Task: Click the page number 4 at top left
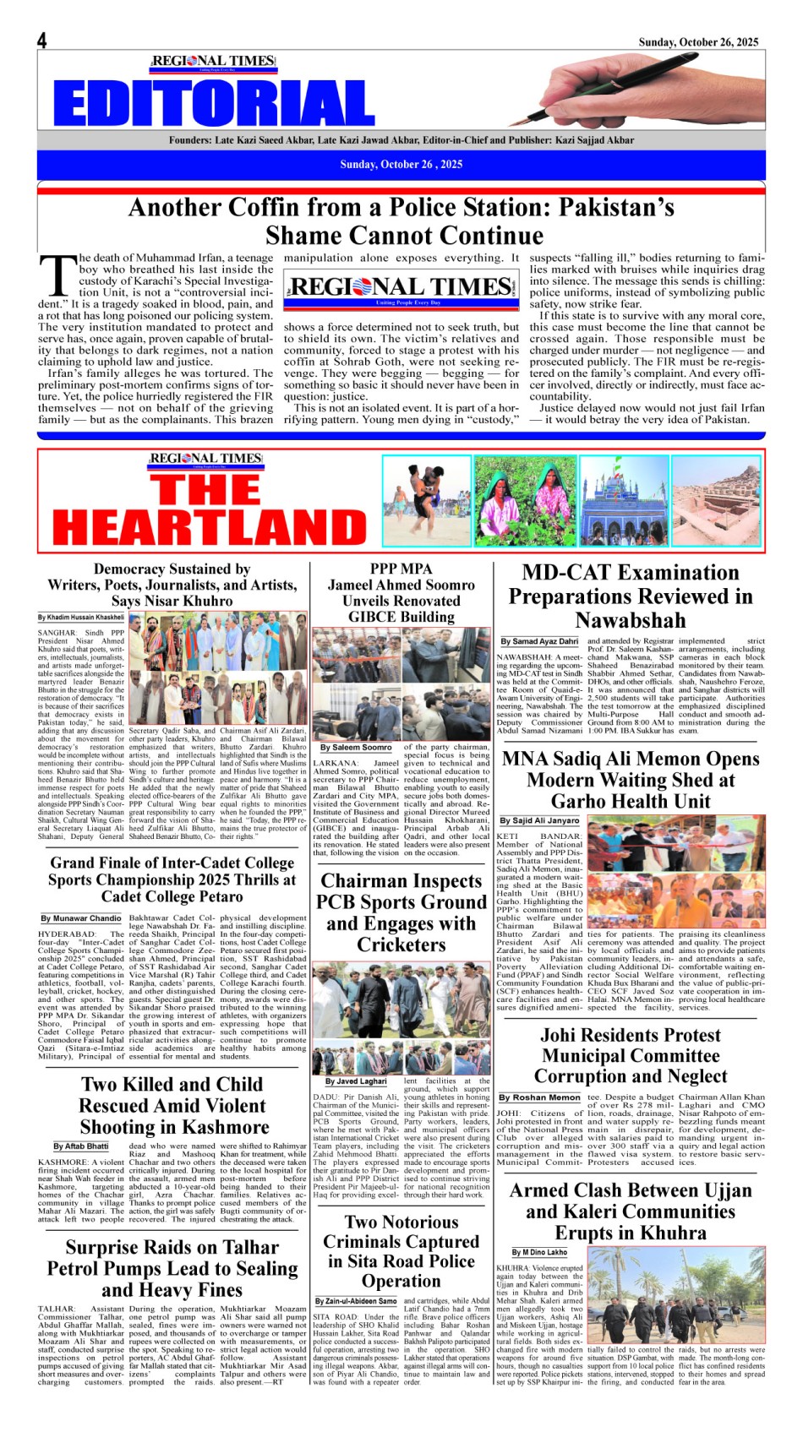click(x=41, y=40)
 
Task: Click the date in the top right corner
click(x=698, y=41)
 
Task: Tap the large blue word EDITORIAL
click(x=214, y=103)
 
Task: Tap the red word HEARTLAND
click(x=209, y=526)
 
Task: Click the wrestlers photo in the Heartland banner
click(x=426, y=500)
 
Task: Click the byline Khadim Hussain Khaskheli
click(x=80, y=618)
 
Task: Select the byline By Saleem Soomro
click(x=356, y=747)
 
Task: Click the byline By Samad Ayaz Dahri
click(x=539, y=641)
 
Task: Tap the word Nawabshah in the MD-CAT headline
click(x=631, y=620)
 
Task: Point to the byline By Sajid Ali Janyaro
click(x=539, y=820)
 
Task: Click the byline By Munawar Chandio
click(x=81, y=917)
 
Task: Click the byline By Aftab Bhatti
click(x=81, y=1146)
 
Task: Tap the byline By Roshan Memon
click(x=539, y=1097)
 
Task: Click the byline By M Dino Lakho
click(x=539, y=1252)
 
